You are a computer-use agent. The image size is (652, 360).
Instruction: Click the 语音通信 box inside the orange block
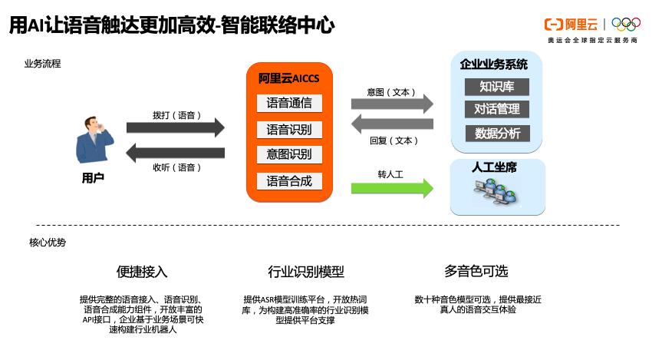click(289, 103)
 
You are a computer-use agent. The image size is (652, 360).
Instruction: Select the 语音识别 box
click(289, 129)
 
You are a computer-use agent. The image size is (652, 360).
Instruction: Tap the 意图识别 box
click(289, 154)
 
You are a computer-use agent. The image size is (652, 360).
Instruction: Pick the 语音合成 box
click(289, 181)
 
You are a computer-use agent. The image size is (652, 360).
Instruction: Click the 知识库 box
click(497, 85)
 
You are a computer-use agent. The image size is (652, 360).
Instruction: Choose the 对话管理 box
click(497, 109)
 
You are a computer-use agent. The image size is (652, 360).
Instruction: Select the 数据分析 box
click(497, 133)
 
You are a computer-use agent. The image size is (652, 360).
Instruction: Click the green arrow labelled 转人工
click(392, 187)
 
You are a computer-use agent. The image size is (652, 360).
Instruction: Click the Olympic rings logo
click(625, 25)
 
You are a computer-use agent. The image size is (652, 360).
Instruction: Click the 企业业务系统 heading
click(494, 64)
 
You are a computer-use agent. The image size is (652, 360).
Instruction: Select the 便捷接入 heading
click(142, 272)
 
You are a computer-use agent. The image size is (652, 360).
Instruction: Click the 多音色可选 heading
click(476, 271)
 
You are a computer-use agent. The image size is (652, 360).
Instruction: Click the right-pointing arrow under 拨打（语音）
click(176, 127)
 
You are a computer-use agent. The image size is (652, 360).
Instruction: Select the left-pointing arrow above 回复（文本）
click(392, 124)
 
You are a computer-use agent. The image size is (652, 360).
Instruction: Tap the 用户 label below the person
click(93, 178)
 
